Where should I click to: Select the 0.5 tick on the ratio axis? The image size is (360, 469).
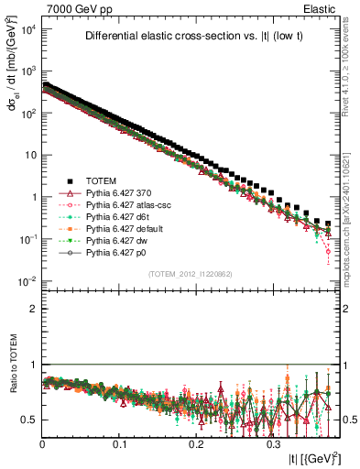click(x=29, y=420)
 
